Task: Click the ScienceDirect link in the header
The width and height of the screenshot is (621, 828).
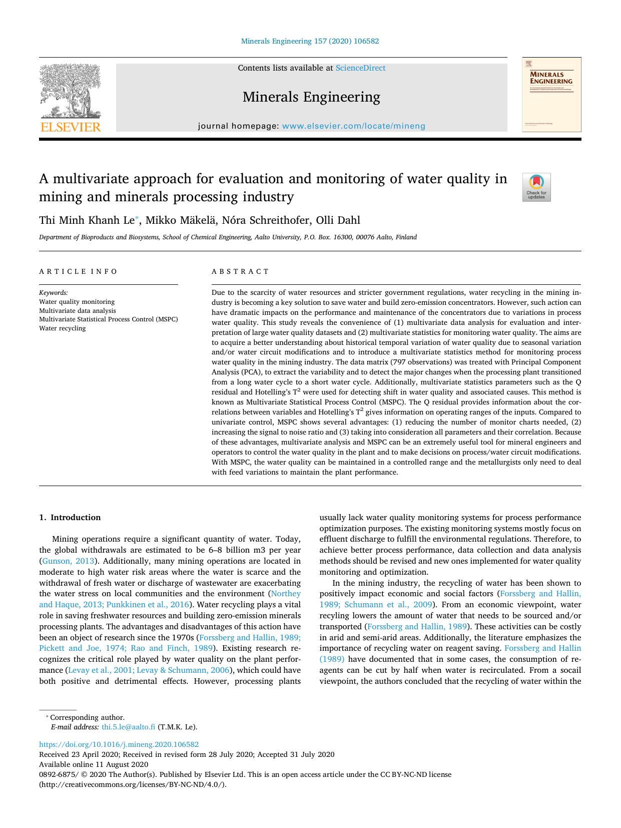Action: pos(360,68)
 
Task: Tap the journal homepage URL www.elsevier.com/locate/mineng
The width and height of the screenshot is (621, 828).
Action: pos(353,126)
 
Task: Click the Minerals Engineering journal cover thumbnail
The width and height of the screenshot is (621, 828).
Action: pos(551,95)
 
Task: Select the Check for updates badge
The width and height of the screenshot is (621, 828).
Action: pos(536,187)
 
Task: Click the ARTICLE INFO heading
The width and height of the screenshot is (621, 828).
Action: pos(79,271)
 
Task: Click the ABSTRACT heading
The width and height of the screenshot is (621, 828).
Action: pos(240,271)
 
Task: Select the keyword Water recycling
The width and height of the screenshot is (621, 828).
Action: pos(63,328)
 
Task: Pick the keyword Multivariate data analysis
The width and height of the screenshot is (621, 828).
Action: pos(77,310)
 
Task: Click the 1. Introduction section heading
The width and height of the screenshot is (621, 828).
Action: pos(70,518)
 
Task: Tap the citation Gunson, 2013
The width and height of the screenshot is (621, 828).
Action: pos(69,561)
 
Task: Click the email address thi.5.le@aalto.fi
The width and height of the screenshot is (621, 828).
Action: pos(129,727)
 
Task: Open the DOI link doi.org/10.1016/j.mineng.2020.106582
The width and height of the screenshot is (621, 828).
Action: pos(119,744)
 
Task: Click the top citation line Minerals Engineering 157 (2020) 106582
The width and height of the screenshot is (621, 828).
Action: pos(310,41)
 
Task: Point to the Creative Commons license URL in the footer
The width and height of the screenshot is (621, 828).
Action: pos(133,784)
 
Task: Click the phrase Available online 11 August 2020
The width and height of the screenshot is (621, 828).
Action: pos(94,764)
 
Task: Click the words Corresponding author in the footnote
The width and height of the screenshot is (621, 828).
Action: pos(87,717)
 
